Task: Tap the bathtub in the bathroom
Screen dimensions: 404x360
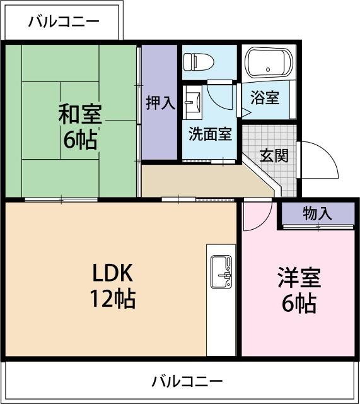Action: tap(268, 64)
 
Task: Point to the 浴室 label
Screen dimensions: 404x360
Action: tap(264, 99)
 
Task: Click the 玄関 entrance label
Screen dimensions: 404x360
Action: tap(274, 155)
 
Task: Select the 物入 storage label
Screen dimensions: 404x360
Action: tap(317, 213)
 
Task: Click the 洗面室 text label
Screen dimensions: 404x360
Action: tap(210, 134)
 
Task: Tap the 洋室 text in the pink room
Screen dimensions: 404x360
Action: tap(299, 278)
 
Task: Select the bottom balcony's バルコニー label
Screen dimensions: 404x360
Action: tap(187, 381)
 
